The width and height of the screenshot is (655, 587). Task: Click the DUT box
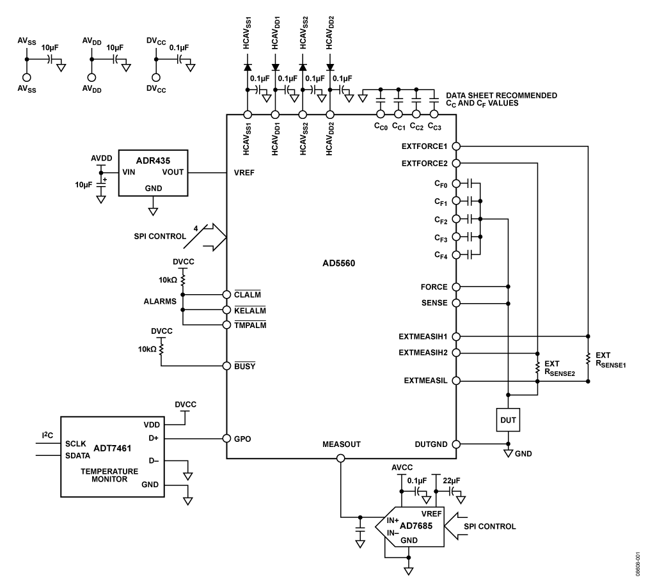pyautogui.click(x=508, y=419)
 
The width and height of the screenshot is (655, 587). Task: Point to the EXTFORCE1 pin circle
pyautogui.click(x=455, y=146)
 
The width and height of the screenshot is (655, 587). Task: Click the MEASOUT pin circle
pyautogui.click(x=340, y=458)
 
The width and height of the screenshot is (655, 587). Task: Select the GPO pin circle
pyautogui.click(x=227, y=439)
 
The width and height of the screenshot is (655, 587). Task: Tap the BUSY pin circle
pyautogui.click(x=227, y=365)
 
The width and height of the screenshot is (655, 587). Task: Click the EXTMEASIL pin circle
pyautogui.click(x=455, y=381)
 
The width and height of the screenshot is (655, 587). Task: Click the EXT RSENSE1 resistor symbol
pyautogui.click(x=587, y=358)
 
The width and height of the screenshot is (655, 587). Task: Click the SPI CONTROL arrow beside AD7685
pyautogui.click(x=463, y=527)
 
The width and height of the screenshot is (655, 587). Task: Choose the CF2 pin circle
pyautogui.click(x=455, y=219)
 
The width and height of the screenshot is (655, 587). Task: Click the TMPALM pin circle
pyautogui.click(x=227, y=324)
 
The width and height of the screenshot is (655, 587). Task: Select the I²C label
pyautogui.click(x=47, y=435)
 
